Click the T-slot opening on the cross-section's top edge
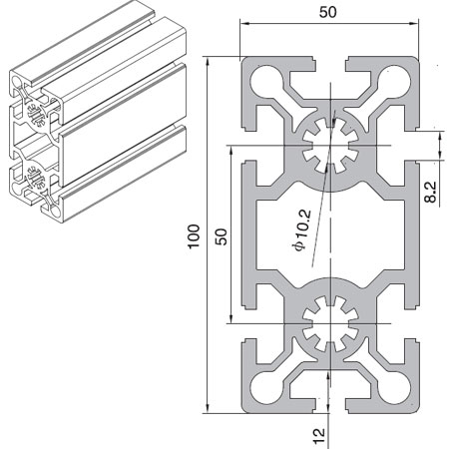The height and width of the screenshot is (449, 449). [x=326, y=62]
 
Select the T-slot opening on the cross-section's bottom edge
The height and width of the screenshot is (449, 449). [x=326, y=407]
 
